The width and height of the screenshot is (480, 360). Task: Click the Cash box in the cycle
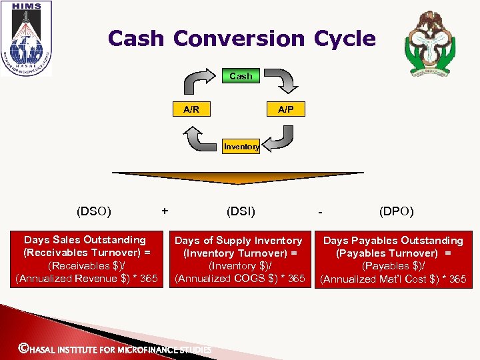(241, 76)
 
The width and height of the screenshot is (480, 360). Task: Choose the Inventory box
(241, 147)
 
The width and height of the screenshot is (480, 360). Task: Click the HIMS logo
(25, 39)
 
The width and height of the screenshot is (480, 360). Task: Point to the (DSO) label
(94, 212)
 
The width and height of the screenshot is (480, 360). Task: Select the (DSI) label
(241, 212)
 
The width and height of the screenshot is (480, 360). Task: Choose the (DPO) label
(396, 212)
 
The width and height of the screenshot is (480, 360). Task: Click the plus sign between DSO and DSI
(165, 211)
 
